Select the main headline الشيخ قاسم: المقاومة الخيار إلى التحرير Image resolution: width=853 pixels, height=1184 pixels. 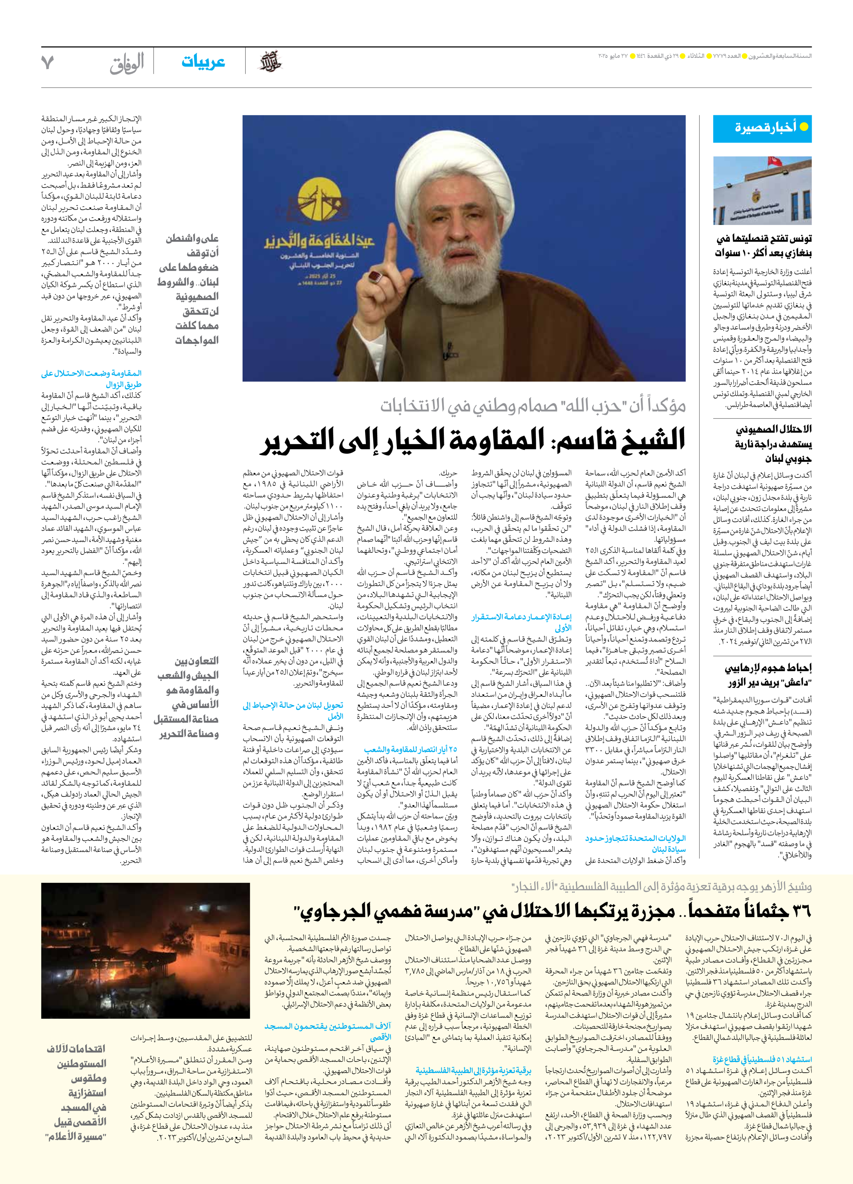pos(473,440)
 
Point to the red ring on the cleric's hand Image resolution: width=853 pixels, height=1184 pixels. pos(374,278)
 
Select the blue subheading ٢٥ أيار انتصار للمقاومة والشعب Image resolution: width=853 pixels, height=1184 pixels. pos(410,749)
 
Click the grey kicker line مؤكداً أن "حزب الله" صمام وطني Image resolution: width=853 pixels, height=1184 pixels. pos(533,405)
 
